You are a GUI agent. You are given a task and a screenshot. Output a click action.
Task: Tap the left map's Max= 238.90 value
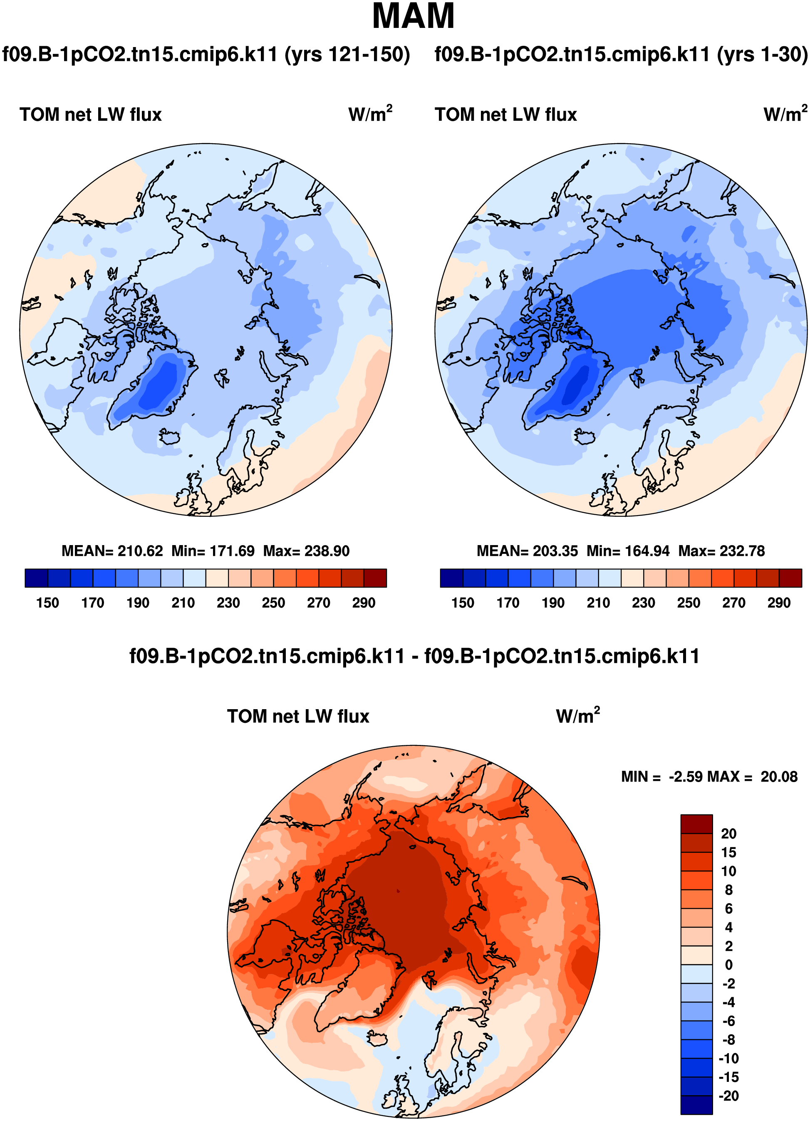pyautogui.click(x=306, y=551)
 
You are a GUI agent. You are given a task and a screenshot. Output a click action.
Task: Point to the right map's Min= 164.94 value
pyautogui.click(x=628, y=551)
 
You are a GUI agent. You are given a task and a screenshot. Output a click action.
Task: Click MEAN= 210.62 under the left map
pyautogui.click(x=112, y=551)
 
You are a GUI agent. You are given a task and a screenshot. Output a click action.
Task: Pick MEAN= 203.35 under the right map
pyautogui.click(x=527, y=551)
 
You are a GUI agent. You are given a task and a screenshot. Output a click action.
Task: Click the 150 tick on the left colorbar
pyautogui.click(x=47, y=603)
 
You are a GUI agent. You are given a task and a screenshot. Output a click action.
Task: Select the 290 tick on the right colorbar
pyautogui.click(x=779, y=603)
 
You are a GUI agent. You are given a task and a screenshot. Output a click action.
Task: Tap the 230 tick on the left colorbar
pyautogui.click(x=228, y=603)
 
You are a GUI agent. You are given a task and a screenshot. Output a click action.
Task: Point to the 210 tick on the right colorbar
pyautogui.click(x=598, y=603)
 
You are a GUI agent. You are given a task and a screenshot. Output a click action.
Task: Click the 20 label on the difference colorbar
pyautogui.click(x=728, y=834)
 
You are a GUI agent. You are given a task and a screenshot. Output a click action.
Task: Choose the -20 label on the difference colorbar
pyautogui.click(x=728, y=1096)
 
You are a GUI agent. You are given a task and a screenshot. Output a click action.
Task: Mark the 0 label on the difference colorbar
pyautogui.click(x=728, y=965)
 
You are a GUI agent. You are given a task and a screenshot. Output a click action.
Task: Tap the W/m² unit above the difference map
pyautogui.click(x=577, y=716)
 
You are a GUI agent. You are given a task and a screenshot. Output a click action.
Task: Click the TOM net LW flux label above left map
pyautogui.click(x=91, y=115)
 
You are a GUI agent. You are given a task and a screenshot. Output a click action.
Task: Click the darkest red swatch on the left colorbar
pyautogui.click(x=375, y=578)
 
